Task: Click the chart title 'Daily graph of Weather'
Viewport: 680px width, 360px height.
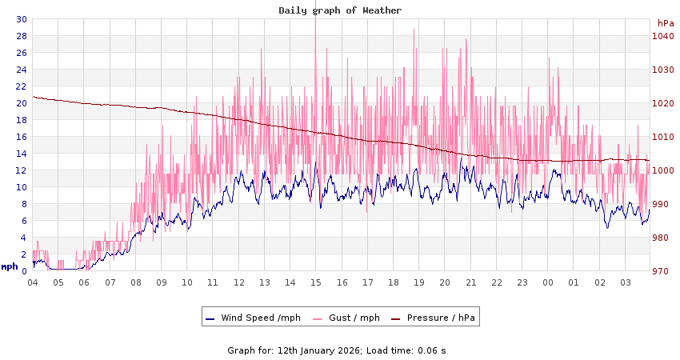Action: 340,10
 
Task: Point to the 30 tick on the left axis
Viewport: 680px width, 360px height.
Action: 22,19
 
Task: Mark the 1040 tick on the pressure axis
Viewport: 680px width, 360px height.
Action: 663,36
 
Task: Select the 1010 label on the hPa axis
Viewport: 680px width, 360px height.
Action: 663,137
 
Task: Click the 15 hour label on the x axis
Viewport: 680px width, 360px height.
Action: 316,282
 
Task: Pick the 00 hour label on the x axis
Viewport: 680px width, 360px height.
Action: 548,282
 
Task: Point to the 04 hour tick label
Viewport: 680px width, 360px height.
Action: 33,282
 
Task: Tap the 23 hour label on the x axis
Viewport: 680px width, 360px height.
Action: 522,282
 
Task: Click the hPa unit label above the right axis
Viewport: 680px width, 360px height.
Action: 665,23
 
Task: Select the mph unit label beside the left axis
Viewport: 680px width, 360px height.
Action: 10,266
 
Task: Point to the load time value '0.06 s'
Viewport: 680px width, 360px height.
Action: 432,350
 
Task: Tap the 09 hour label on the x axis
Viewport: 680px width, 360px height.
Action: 162,282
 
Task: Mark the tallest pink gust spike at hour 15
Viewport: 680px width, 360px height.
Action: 316,22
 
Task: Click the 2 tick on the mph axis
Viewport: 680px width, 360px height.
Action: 24,254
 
